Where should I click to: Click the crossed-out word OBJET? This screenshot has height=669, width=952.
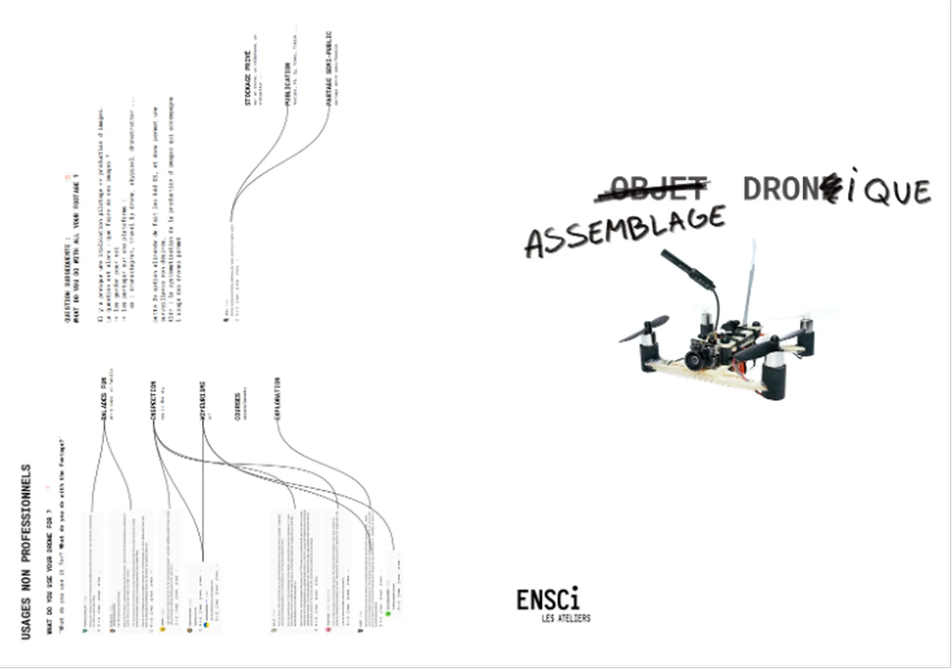pyautogui.click(x=657, y=188)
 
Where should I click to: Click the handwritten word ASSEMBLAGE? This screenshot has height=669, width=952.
pyautogui.click(x=625, y=232)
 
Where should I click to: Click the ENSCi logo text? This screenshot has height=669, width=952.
pyautogui.click(x=548, y=600)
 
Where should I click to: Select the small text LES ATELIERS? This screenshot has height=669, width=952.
pyautogui.click(x=565, y=618)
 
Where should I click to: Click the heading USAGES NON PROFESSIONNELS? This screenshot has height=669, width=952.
pyautogui.click(x=26, y=552)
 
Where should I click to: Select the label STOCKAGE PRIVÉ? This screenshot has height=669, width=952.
pyautogui.click(x=248, y=78)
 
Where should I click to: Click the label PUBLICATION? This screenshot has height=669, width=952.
pyautogui.click(x=288, y=84)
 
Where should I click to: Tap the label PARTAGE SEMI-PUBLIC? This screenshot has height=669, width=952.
pyautogui.click(x=328, y=69)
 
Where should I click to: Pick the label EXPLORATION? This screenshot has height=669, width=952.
pyautogui.click(x=277, y=399)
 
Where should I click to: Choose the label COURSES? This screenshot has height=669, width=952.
pyautogui.click(x=237, y=406)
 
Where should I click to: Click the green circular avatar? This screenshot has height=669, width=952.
pyautogui.click(x=388, y=614)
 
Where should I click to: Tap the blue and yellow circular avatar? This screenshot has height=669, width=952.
pyautogui.click(x=206, y=625)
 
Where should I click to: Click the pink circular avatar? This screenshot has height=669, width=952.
pyautogui.click(x=328, y=630)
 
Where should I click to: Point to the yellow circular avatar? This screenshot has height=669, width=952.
pyautogui.click(x=162, y=629)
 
